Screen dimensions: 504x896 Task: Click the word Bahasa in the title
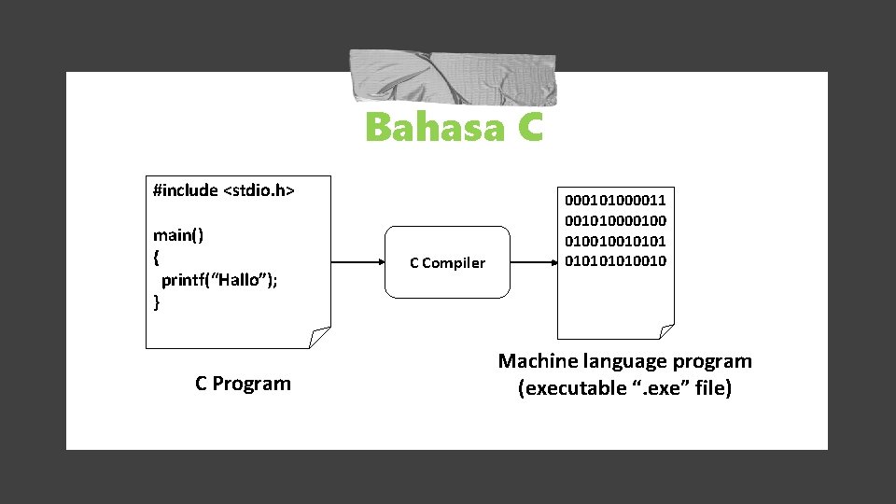[430, 128]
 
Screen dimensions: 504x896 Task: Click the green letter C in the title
[525, 128]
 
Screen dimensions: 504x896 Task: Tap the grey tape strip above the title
[453, 77]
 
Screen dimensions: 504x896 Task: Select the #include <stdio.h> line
[223, 190]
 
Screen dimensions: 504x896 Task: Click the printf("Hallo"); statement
[220, 279]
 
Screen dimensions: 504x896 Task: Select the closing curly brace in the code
[157, 301]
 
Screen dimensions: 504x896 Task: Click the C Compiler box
[448, 262]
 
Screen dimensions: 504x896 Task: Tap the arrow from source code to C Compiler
[358, 262]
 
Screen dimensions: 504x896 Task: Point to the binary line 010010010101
[615, 240]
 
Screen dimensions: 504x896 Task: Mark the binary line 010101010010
[615, 260]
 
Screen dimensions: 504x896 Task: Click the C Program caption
[243, 384]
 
